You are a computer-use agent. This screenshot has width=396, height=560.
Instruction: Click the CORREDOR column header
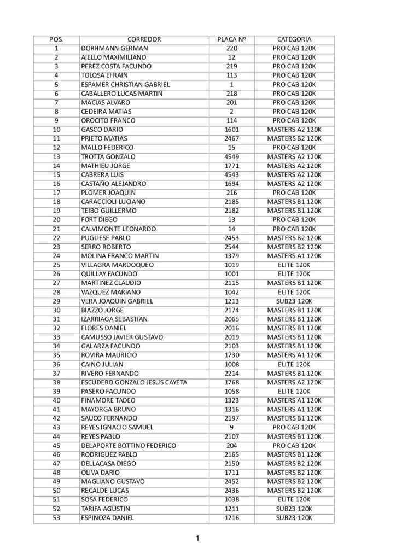tap(144, 39)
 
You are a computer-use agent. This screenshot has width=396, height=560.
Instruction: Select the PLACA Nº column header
tap(231, 39)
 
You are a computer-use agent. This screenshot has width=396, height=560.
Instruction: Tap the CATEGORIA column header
tap(294, 39)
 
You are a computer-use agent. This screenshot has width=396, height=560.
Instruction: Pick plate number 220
tap(231, 49)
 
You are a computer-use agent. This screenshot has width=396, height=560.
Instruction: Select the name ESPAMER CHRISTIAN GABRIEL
tap(125, 85)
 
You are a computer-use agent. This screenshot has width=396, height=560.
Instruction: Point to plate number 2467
tap(231, 139)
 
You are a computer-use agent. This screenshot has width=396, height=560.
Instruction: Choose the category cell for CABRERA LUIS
tap(294, 175)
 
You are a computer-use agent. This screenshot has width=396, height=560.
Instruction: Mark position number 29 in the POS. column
tap(56, 301)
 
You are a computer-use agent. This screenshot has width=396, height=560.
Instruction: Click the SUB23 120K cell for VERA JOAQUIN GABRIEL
tap(294, 301)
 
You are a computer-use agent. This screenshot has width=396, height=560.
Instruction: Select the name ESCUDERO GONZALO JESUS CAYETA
tap(134, 382)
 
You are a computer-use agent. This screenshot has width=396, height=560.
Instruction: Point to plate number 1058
tap(231, 392)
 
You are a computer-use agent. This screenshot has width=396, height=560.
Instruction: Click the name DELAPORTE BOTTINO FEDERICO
tap(129, 446)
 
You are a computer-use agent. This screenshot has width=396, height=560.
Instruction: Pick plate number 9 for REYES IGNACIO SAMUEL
tap(231, 428)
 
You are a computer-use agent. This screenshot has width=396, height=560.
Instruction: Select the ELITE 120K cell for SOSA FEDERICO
tap(294, 500)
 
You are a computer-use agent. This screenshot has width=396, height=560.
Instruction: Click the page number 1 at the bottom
tap(197, 539)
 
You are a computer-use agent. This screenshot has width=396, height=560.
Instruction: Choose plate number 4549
tap(231, 157)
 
